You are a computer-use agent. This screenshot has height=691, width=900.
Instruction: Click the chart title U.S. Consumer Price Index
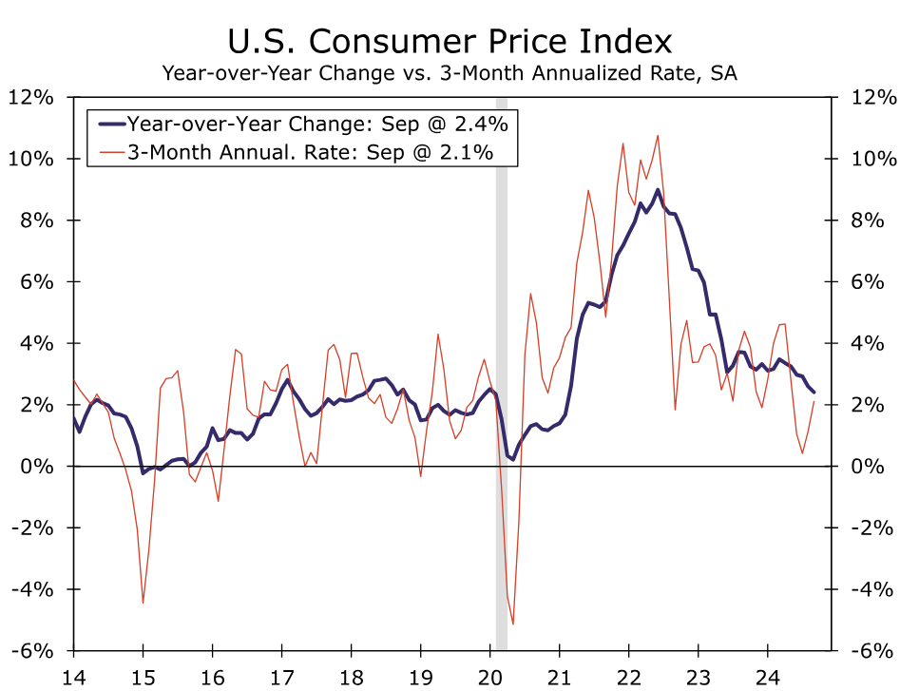point(450,42)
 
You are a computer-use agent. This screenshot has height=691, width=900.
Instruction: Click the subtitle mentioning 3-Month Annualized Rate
point(450,73)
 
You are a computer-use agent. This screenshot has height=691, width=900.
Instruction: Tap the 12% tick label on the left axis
point(30,97)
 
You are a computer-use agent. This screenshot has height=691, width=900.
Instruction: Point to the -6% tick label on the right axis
point(872,651)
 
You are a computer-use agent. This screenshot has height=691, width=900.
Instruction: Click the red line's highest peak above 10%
point(657,135)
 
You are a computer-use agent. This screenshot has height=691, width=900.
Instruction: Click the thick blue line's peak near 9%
point(657,189)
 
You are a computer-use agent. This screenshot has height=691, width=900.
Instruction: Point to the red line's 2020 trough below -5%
point(513,624)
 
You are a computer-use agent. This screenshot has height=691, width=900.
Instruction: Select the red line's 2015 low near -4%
point(143,603)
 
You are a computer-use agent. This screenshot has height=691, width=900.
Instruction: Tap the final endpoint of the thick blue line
point(814,392)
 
